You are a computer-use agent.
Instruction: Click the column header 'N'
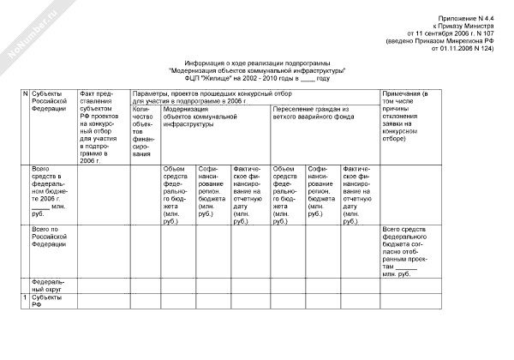point(25,92)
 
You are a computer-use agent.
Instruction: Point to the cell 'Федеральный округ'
point(49,285)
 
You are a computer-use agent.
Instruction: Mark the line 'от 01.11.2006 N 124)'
point(466,49)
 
